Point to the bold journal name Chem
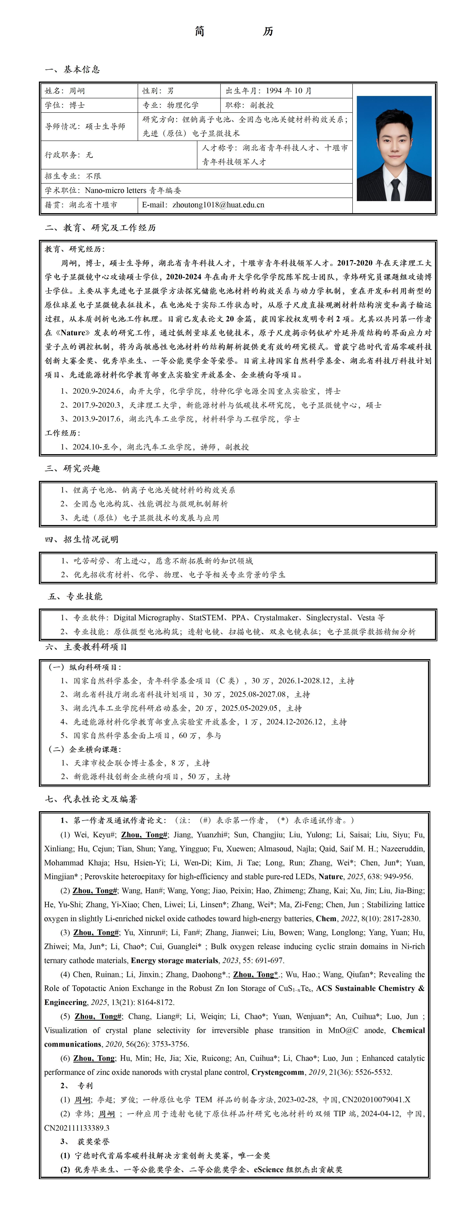[326, 918]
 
